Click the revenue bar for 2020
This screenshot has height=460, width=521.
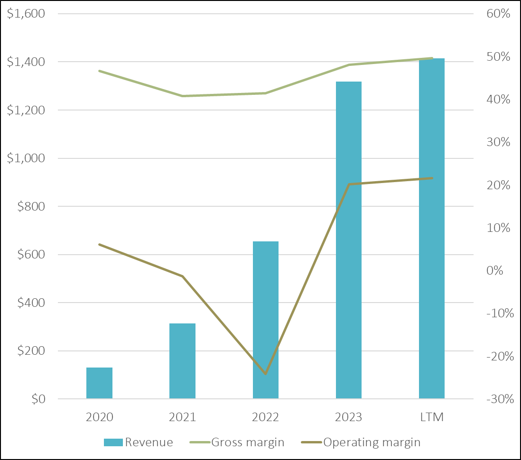(99, 383)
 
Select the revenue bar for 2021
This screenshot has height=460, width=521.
(182, 361)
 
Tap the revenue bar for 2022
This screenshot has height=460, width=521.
(266, 320)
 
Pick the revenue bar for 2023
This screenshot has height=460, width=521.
(349, 240)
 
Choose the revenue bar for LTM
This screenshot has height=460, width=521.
(432, 229)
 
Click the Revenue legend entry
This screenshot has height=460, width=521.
(138, 442)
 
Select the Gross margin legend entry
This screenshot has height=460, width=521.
(237, 442)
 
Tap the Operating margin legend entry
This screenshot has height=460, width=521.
(361, 442)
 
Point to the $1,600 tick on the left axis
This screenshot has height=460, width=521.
(26, 14)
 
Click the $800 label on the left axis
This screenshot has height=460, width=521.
(31, 206)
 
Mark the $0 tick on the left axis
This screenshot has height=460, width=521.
(38, 398)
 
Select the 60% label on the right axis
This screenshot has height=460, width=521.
(498, 14)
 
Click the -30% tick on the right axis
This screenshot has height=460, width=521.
(500, 398)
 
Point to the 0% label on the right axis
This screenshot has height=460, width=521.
(494, 270)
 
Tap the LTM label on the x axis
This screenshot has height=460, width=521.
(432, 417)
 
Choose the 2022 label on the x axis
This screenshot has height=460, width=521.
(265, 417)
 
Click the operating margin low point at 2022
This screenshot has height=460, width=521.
(266, 374)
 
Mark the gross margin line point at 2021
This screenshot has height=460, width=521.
(182, 96)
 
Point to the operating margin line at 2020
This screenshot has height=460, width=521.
(99, 244)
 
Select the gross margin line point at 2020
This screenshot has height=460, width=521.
(99, 71)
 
